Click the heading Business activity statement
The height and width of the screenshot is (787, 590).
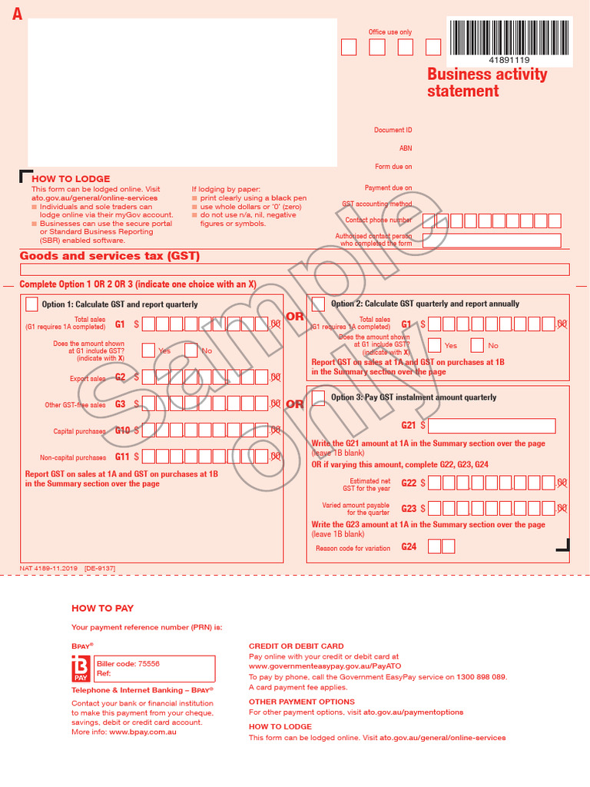487,82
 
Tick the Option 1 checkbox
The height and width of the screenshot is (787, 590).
31,304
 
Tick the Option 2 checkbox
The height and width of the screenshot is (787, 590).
318,304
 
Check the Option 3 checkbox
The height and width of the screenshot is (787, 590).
318,397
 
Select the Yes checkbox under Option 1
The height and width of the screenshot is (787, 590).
149,350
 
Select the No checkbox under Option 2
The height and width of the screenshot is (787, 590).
477,345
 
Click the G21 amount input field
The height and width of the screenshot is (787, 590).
492,425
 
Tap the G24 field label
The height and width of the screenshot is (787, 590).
409,547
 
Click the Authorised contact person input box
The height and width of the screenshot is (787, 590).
492,241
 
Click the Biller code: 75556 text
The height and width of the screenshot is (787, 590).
128,663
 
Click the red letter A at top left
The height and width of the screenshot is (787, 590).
17,14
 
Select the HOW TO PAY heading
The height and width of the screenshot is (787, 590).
102,608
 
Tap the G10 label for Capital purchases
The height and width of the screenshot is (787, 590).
122,431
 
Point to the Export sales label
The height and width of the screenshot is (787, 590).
88,378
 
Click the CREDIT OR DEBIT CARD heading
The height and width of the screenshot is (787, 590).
296,646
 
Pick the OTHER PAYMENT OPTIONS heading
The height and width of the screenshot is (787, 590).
301,702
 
